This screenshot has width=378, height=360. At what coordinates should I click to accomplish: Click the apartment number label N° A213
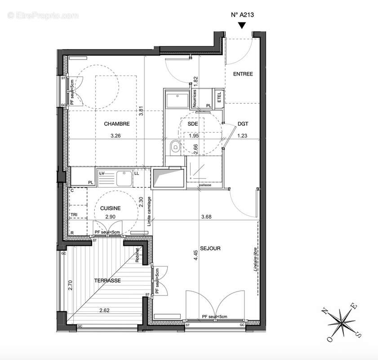(x=242, y=15)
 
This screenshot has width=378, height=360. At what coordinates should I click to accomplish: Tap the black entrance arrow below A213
(x=242, y=26)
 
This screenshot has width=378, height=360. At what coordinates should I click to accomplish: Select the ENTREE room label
(x=243, y=74)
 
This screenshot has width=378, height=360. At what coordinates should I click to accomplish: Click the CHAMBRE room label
(x=117, y=124)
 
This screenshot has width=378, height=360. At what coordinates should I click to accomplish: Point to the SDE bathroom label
(x=193, y=124)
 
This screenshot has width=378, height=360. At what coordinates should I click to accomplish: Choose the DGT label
(x=243, y=124)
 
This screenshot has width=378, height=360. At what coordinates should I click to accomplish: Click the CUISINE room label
(x=110, y=208)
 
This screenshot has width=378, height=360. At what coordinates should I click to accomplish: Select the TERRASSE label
(x=107, y=280)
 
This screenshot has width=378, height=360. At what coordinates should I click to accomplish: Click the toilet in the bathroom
(x=175, y=146)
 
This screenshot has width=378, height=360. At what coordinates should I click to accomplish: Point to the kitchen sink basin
(x=123, y=178)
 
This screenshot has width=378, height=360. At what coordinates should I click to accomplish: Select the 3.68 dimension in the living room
(x=206, y=216)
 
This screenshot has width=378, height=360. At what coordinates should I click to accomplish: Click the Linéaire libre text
(x=254, y=265)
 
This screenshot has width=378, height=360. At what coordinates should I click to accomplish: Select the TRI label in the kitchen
(x=73, y=215)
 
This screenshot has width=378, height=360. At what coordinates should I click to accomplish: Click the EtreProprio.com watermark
(x=43, y=15)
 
